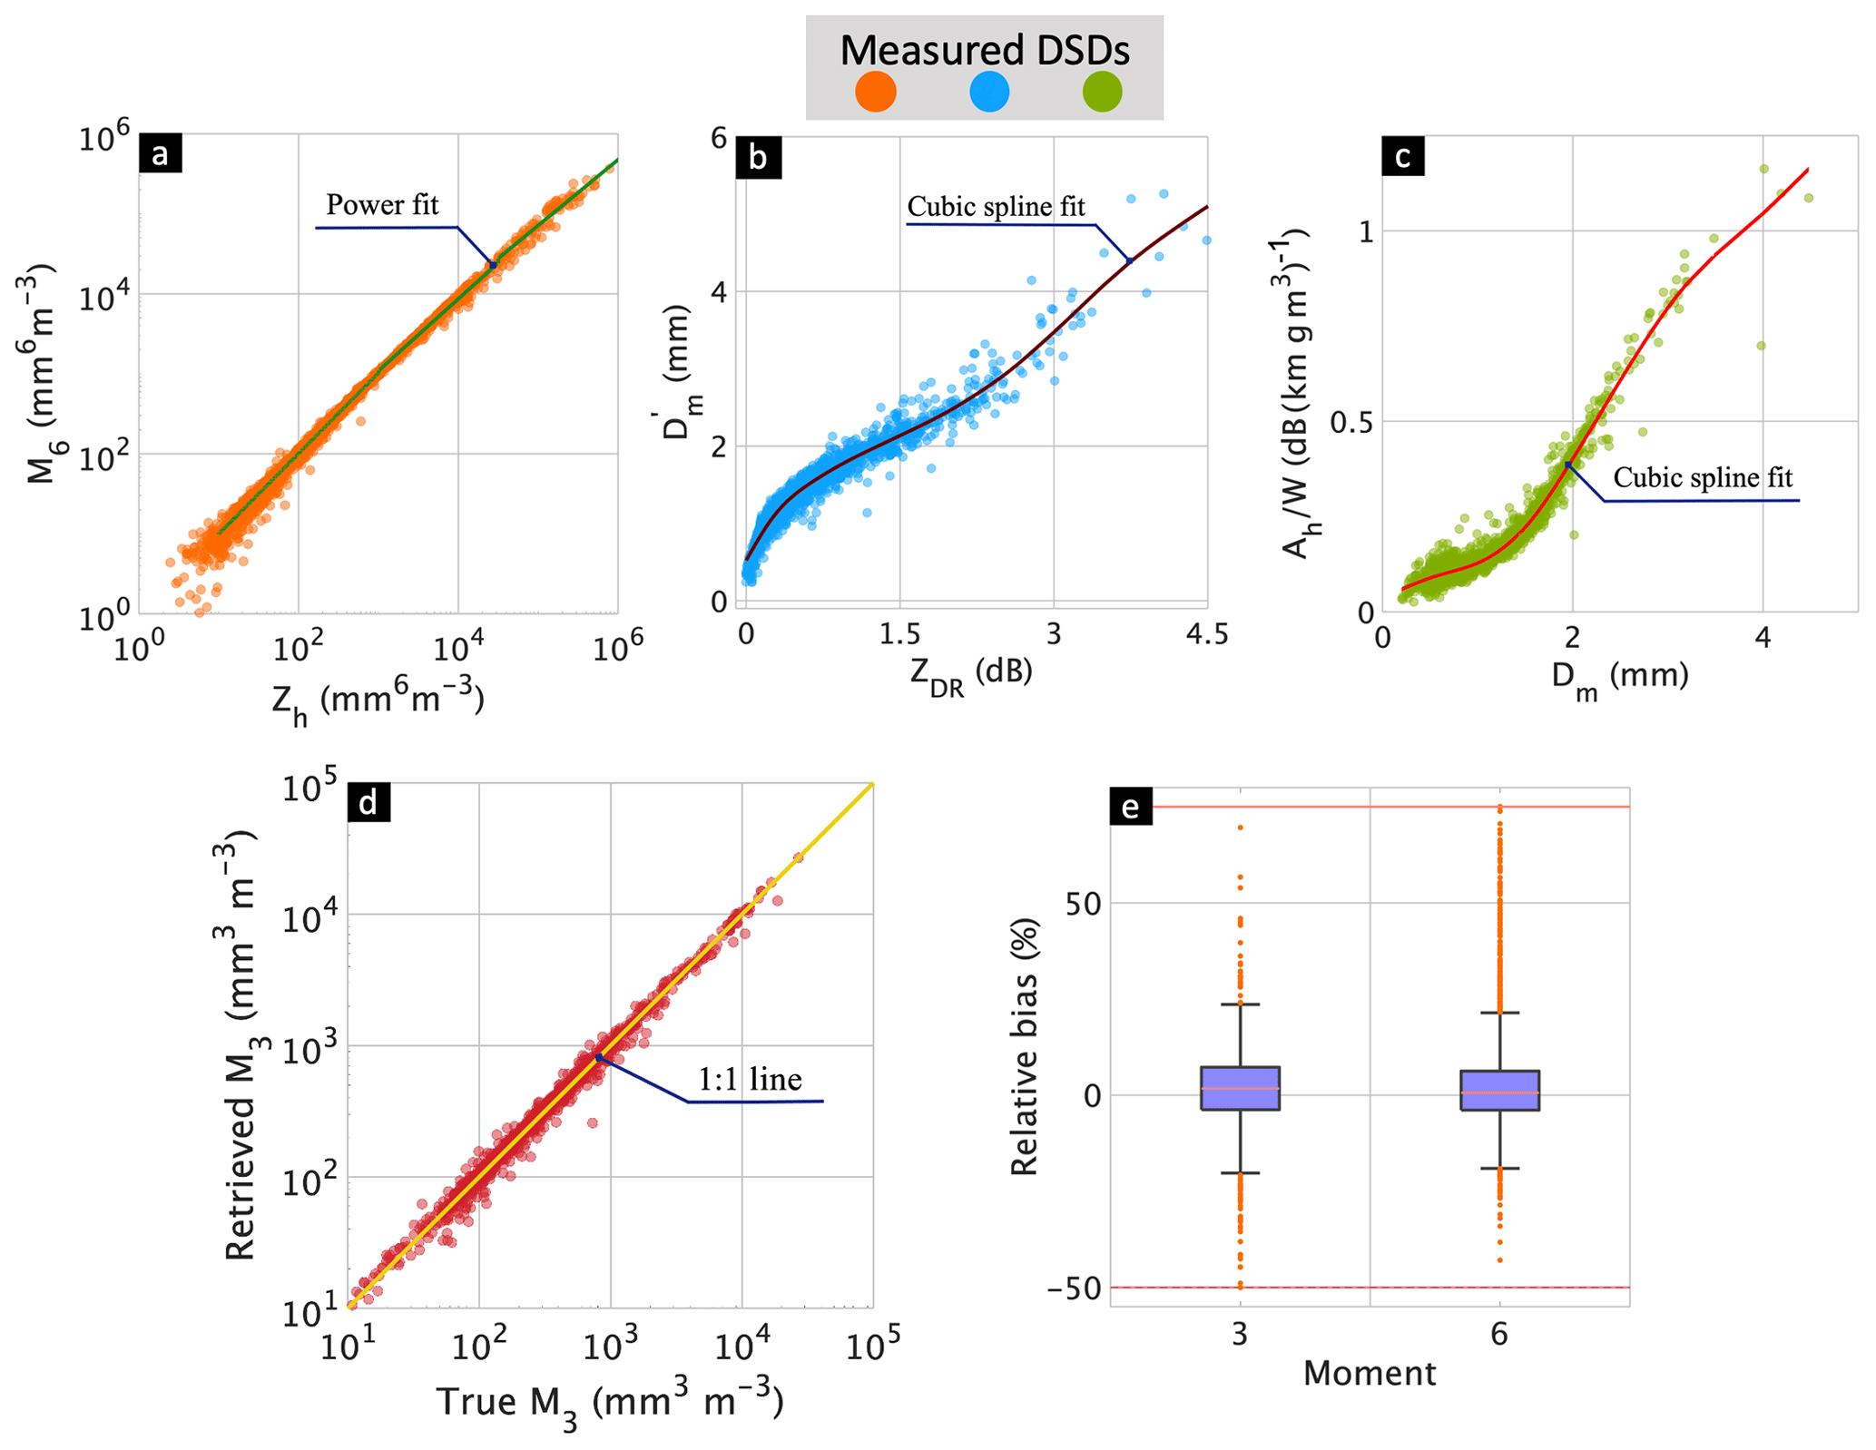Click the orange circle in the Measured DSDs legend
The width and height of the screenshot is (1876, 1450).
pyautogui.click(x=875, y=92)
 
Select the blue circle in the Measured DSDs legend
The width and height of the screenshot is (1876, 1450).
pyautogui.click(x=988, y=92)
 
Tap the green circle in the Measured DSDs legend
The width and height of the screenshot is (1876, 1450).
pyautogui.click(x=1102, y=92)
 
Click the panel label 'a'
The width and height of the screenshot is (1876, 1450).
pyautogui.click(x=160, y=154)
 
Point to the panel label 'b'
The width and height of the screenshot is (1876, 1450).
pyautogui.click(x=757, y=157)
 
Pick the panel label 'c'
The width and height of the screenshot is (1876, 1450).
pyautogui.click(x=1402, y=156)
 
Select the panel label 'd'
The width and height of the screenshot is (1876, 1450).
pyautogui.click(x=368, y=803)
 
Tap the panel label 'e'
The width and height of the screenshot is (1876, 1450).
pyautogui.click(x=1131, y=806)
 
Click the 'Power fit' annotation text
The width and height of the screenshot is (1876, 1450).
pyautogui.click(x=382, y=205)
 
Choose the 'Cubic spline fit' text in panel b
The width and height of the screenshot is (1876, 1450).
pyautogui.click(x=996, y=207)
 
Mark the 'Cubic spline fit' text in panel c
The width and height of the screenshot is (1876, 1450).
pyautogui.click(x=1702, y=478)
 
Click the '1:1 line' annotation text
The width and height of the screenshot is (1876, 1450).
pyautogui.click(x=750, y=1079)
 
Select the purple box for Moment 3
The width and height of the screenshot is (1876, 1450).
pyautogui.click(x=1240, y=1088)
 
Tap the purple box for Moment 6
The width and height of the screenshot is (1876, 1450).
pyautogui.click(x=1499, y=1091)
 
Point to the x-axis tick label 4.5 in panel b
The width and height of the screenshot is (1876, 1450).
pyautogui.click(x=1206, y=634)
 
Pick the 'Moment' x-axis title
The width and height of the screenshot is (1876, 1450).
pyautogui.click(x=1369, y=1373)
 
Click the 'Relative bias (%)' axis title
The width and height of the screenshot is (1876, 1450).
pyautogui.click(x=1024, y=1046)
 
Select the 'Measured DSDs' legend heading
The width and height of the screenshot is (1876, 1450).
pyautogui.click(x=984, y=50)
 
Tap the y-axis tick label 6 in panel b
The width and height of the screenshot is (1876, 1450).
pyautogui.click(x=719, y=138)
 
